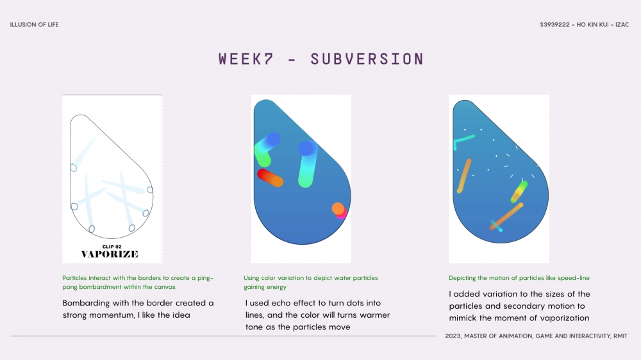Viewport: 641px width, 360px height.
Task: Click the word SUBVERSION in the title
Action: (x=367, y=59)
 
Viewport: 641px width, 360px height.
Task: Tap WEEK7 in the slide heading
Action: (x=246, y=59)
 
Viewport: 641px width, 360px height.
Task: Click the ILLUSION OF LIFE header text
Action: (x=35, y=24)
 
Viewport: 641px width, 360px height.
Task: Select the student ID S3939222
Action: (x=554, y=24)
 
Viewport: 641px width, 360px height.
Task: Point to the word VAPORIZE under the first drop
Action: (x=110, y=254)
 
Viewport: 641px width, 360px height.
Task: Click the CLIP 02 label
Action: (x=112, y=247)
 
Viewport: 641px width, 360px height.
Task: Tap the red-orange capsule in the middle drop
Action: (x=270, y=178)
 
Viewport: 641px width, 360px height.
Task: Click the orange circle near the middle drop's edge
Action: (x=338, y=209)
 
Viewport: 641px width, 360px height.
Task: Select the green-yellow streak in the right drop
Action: (x=519, y=192)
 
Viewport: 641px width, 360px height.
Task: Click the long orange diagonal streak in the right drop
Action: (x=507, y=216)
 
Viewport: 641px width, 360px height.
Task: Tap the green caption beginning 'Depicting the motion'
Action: (x=519, y=278)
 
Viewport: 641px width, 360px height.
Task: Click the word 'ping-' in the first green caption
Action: (x=205, y=278)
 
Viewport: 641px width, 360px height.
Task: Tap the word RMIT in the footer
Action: (x=620, y=336)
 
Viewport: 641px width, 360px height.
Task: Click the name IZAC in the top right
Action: (x=622, y=24)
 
